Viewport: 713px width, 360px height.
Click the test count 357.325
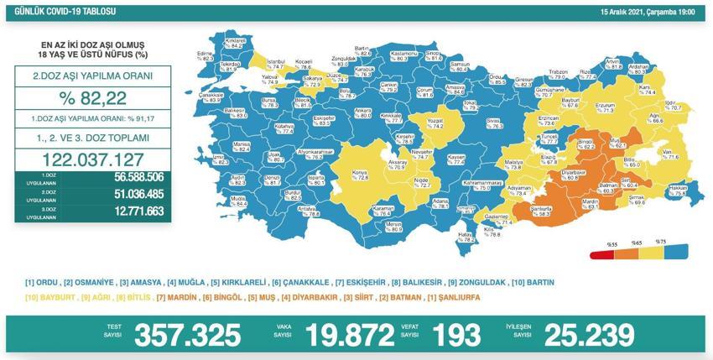click(x=188, y=336)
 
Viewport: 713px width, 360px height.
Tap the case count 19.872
click(x=351, y=336)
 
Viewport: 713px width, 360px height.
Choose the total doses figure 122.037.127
click(x=93, y=159)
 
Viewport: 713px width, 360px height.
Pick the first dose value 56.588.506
click(x=123, y=178)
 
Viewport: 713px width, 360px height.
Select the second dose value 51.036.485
click(x=123, y=195)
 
